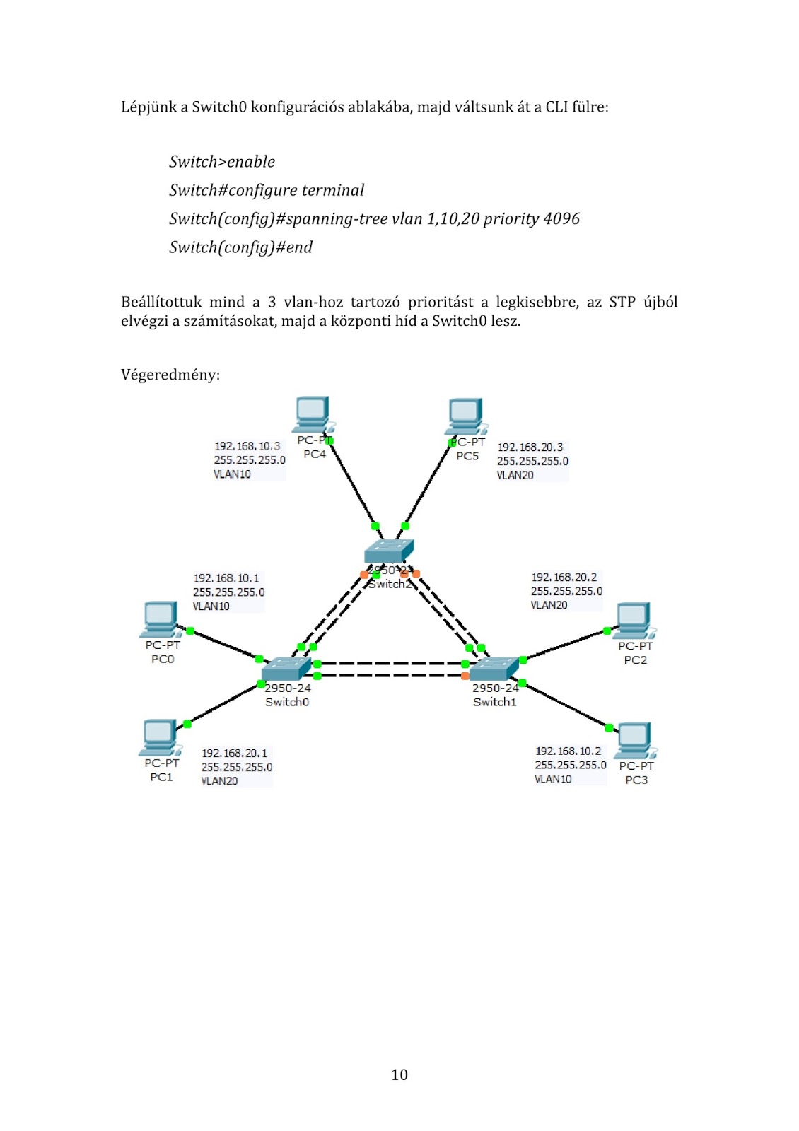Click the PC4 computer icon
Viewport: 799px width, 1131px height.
coord(313,414)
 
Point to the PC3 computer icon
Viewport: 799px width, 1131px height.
coord(634,740)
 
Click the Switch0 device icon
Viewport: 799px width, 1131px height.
coord(286,668)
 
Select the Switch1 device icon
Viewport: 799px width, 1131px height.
coord(494,668)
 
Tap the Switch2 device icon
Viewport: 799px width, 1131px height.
coord(388,551)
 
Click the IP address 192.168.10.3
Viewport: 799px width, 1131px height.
coord(247,446)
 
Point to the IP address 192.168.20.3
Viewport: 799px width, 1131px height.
coord(530,447)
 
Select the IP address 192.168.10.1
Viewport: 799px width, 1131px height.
coord(226,578)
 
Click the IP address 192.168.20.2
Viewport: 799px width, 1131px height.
coord(564,578)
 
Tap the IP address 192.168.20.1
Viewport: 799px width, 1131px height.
coord(235,754)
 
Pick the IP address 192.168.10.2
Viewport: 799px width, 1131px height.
coord(568,751)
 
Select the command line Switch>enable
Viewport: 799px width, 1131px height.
coord(222,162)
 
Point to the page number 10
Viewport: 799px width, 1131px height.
coord(399,1075)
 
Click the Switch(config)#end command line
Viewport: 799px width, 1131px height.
coord(240,247)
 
